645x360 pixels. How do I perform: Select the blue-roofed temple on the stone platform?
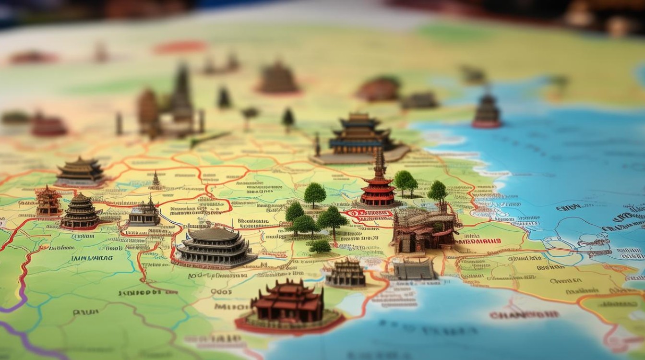pyautogui.click(x=360, y=137)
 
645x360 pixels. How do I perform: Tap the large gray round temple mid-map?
pyautogui.click(x=215, y=247)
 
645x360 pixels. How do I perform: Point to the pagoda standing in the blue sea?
pyautogui.click(x=487, y=111)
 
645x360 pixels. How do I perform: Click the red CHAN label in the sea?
pyautogui.click(x=524, y=315)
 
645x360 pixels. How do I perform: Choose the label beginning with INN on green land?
pyautogui.click(x=92, y=258)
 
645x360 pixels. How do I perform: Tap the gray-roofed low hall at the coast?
pyautogui.click(x=414, y=269)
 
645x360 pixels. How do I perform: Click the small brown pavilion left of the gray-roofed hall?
pyautogui.click(x=346, y=273)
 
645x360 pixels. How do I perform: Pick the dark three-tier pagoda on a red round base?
pyautogui.click(x=80, y=212)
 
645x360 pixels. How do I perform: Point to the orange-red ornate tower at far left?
pyautogui.click(x=48, y=201)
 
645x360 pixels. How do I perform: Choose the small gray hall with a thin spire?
pyautogui.click(x=144, y=214)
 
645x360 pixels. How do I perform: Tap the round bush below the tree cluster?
pyautogui.click(x=320, y=246)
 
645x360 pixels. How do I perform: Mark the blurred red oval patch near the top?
pyautogui.click(x=180, y=47)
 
